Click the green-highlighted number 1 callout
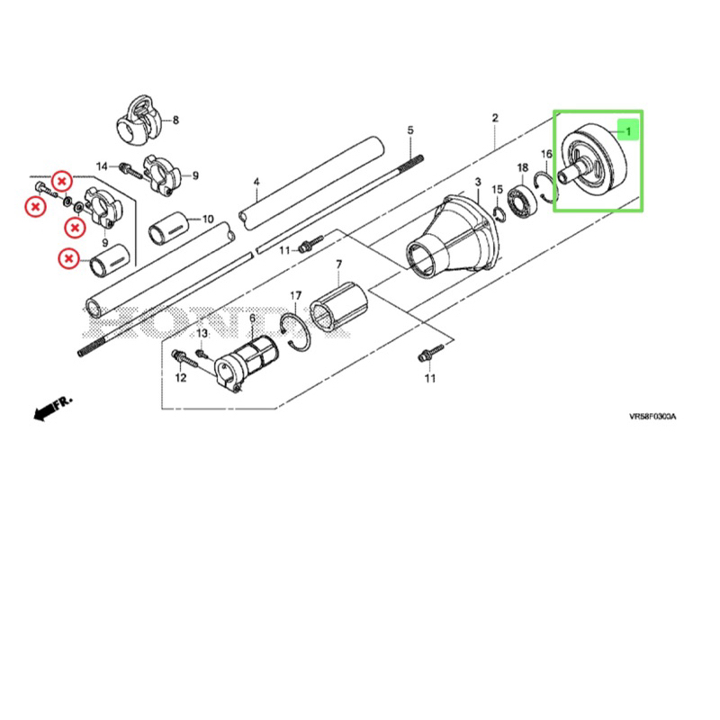(x=627, y=131)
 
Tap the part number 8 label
(x=175, y=121)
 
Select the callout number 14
(x=102, y=166)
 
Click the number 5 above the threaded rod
(x=410, y=130)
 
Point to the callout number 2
(x=494, y=118)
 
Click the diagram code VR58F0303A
(x=652, y=417)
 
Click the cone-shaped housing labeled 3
(x=453, y=238)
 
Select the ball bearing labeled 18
(x=522, y=201)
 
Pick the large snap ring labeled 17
(x=294, y=331)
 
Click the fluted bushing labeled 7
(x=338, y=306)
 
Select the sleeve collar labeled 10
(x=169, y=228)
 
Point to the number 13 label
(x=202, y=333)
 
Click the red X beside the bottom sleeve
(x=69, y=258)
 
